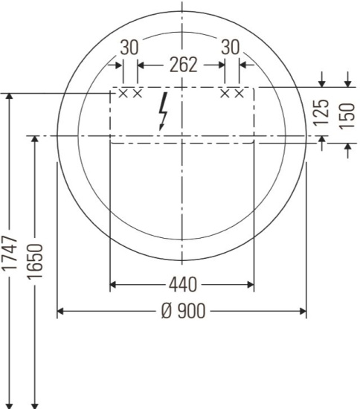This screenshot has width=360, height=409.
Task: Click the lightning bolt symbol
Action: tap(163, 112)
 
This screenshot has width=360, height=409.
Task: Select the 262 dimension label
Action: tap(181, 65)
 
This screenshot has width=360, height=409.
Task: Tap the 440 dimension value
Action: tap(181, 284)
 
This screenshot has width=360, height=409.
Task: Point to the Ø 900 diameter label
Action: tap(181, 311)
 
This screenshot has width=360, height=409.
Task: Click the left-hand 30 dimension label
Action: tap(129, 47)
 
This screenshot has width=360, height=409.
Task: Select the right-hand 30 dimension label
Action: tap(231, 47)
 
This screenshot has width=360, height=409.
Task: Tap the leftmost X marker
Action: tap(124, 93)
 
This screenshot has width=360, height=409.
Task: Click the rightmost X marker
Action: tap(239, 93)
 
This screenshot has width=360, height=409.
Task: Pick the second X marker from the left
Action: tap(137, 93)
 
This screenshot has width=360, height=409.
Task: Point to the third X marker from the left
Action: tap(225, 93)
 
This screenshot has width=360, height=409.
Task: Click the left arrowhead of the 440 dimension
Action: tap(115, 284)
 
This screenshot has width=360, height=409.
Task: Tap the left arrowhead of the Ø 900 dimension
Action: tap(62, 311)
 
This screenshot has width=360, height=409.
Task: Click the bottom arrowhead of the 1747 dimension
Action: tap(10, 404)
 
